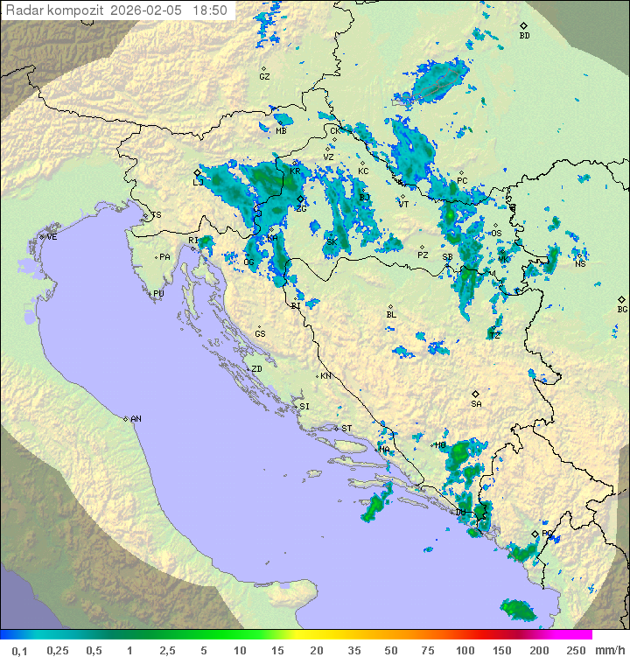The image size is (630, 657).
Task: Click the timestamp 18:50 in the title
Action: point(210,10)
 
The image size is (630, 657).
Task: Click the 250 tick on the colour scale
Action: point(575,649)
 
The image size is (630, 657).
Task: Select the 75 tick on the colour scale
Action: point(428,649)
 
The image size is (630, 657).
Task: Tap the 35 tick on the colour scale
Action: point(353,649)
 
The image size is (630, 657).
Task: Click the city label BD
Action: point(524,36)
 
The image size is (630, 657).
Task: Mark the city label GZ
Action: point(264,77)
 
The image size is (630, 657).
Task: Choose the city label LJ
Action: point(198,183)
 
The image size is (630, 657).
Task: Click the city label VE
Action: point(52,237)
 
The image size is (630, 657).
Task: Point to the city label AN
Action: point(136,419)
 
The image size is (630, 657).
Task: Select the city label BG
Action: point(622,309)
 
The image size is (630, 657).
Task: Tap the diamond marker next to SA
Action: point(475,394)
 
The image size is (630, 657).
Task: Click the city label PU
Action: point(158,294)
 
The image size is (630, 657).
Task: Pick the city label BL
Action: point(391,315)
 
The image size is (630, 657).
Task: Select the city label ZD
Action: point(256,369)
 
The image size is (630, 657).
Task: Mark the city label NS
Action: point(580,263)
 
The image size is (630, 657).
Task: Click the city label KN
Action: point(325,376)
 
